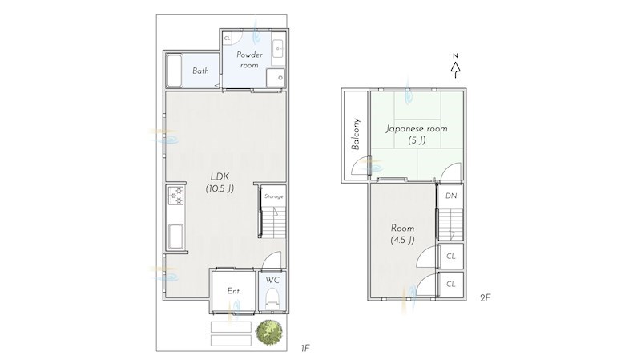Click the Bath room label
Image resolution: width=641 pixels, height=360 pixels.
[x=200, y=71]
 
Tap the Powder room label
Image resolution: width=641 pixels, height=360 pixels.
[x=249, y=59]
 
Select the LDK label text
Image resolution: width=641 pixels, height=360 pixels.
[x=220, y=176]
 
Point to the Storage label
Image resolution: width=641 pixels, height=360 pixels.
[x=273, y=196]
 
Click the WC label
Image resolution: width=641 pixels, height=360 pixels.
[x=272, y=281]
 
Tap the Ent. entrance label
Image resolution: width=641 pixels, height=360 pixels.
[x=234, y=291]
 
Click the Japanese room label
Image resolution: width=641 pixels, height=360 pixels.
[x=417, y=129]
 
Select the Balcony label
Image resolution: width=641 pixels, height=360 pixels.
[x=356, y=134]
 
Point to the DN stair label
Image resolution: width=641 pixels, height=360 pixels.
[x=451, y=196]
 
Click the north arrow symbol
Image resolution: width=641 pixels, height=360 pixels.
[x=455, y=66]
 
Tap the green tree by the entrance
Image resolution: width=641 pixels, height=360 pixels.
[x=269, y=331]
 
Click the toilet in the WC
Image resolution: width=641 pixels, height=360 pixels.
[x=272, y=299]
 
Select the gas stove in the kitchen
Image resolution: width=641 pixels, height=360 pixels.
[x=175, y=196]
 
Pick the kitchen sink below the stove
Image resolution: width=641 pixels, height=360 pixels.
[x=175, y=237]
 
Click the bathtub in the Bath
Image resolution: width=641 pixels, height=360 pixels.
[x=174, y=71]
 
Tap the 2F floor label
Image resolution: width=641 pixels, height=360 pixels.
[x=485, y=297]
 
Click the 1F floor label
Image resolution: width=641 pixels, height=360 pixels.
[x=305, y=349]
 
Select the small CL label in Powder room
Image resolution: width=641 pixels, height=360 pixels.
[x=227, y=38]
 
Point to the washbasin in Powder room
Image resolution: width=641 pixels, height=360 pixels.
[x=278, y=52]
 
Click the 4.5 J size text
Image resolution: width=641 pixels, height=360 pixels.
[x=403, y=240]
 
